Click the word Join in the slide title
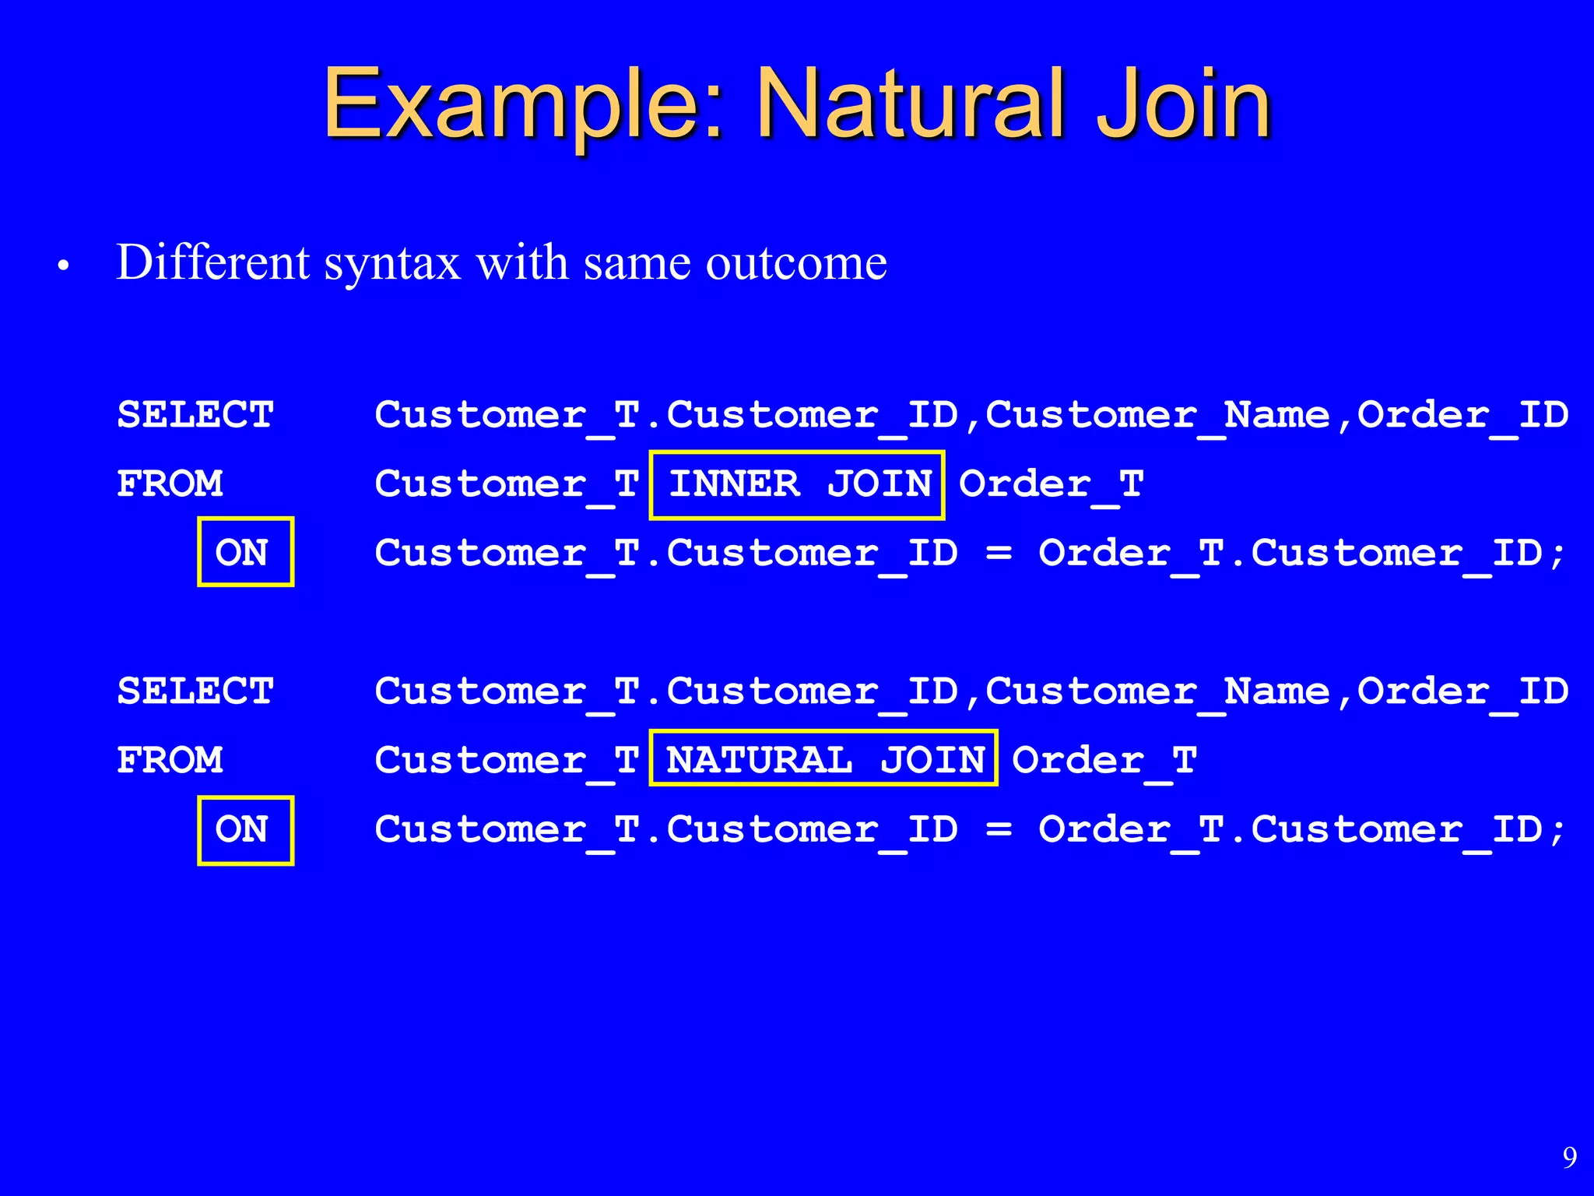coord(1183,105)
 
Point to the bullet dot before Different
coord(64,267)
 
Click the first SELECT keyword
coord(195,414)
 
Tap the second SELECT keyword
coord(195,691)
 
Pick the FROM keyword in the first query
coord(170,484)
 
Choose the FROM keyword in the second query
coord(170,760)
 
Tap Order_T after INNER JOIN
coord(1051,484)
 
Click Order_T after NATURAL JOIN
coord(1104,761)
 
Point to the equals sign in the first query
coord(998,554)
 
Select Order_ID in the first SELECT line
coord(1462,415)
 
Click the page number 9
coord(1569,1158)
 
